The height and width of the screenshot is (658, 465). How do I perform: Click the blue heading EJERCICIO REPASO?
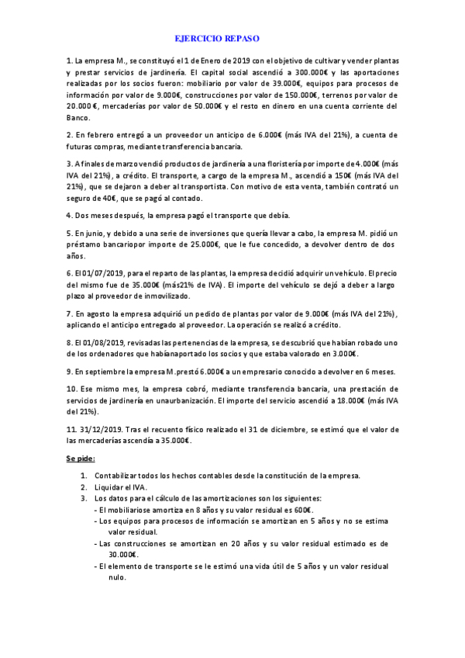pos(217,38)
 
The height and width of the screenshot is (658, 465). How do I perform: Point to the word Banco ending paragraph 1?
pos(77,118)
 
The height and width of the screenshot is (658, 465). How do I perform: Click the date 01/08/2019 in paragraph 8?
pos(98,341)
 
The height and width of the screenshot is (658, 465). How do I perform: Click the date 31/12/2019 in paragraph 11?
pos(104,429)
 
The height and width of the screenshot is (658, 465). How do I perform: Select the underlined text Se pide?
pos(81,459)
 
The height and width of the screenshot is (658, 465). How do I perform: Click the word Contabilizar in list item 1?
pos(118,475)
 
